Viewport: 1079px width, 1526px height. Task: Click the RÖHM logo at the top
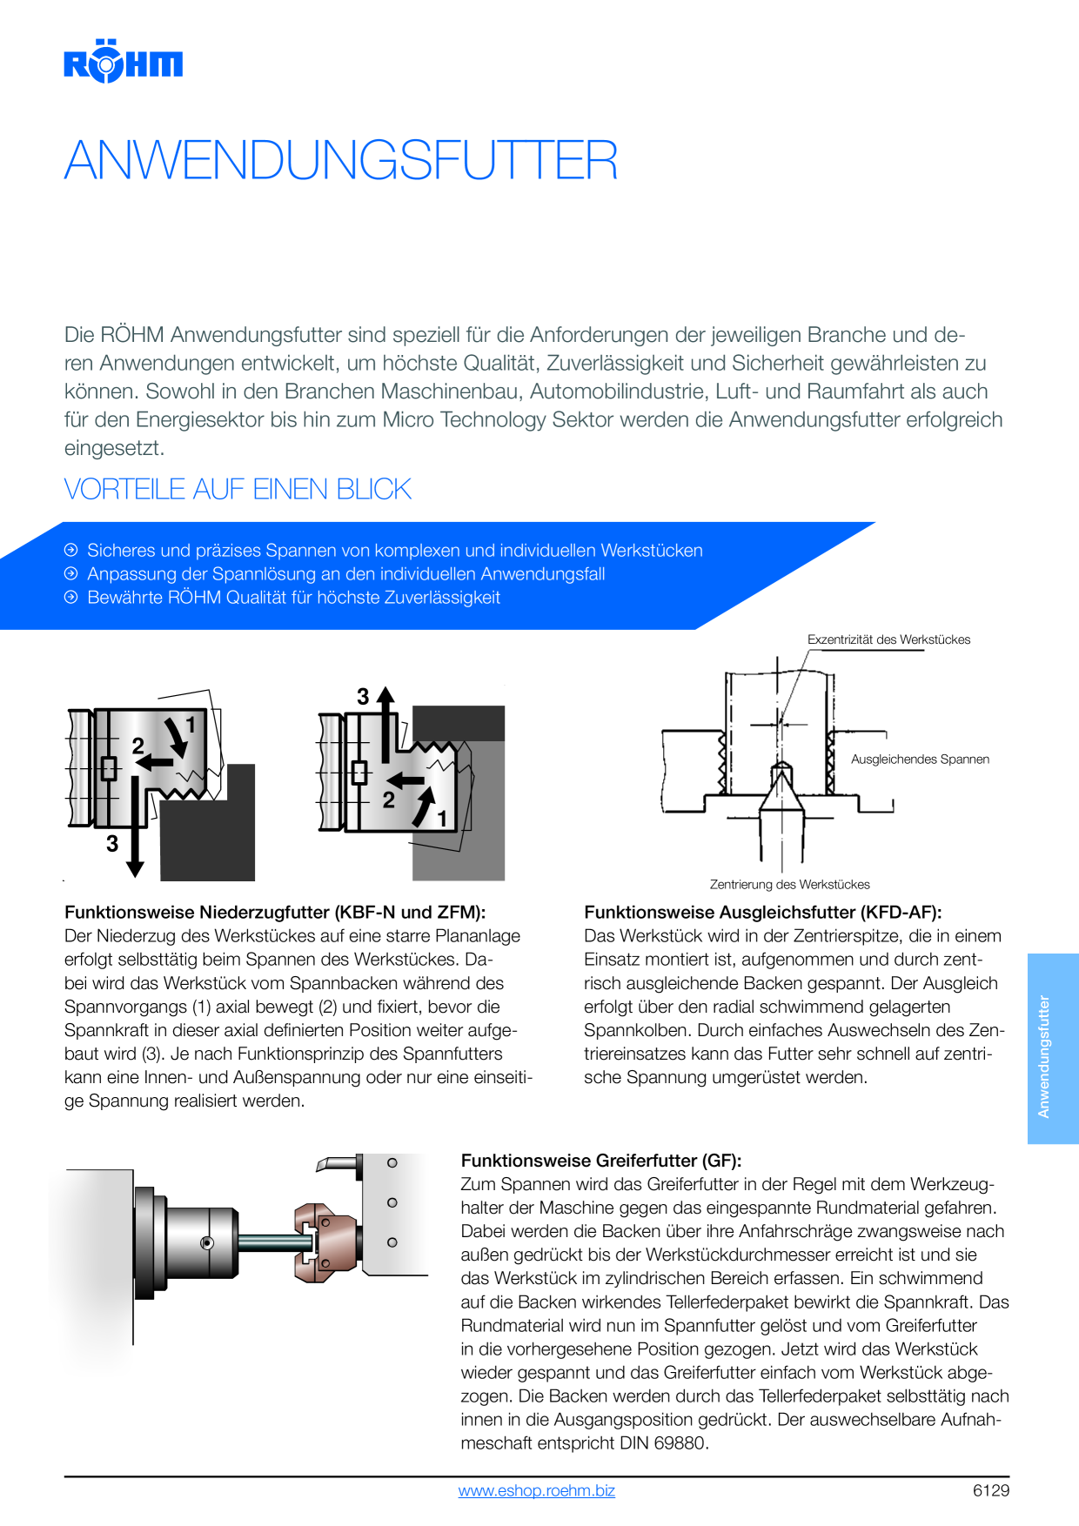coord(123,61)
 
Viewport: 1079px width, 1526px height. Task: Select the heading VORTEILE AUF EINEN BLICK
coord(238,489)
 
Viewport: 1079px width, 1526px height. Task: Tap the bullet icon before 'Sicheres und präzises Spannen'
coord(71,550)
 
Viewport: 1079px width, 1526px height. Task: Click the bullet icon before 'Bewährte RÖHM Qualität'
coord(71,597)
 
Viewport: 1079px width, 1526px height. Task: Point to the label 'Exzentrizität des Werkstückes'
coord(888,639)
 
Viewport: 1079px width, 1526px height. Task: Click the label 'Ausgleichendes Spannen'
coord(920,760)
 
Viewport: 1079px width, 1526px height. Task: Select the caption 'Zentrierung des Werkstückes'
coord(789,885)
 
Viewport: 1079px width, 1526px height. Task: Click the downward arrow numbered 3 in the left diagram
coord(135,827)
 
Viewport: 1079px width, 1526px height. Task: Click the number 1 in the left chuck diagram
coord(191,725)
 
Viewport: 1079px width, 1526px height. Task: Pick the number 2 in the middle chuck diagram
coord(389,800)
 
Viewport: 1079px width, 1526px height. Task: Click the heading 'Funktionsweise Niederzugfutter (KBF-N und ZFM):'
coord(275,913)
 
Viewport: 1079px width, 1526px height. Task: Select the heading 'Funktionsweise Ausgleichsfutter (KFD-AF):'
coord(763,913)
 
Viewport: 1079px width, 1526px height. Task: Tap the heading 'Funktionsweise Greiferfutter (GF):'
coord(601,1161)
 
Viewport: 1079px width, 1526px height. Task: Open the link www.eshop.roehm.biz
coord(537,1490)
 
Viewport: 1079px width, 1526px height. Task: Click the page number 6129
coord(991,1490)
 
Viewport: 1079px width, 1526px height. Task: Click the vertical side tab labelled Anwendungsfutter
coord(1053,1048)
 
